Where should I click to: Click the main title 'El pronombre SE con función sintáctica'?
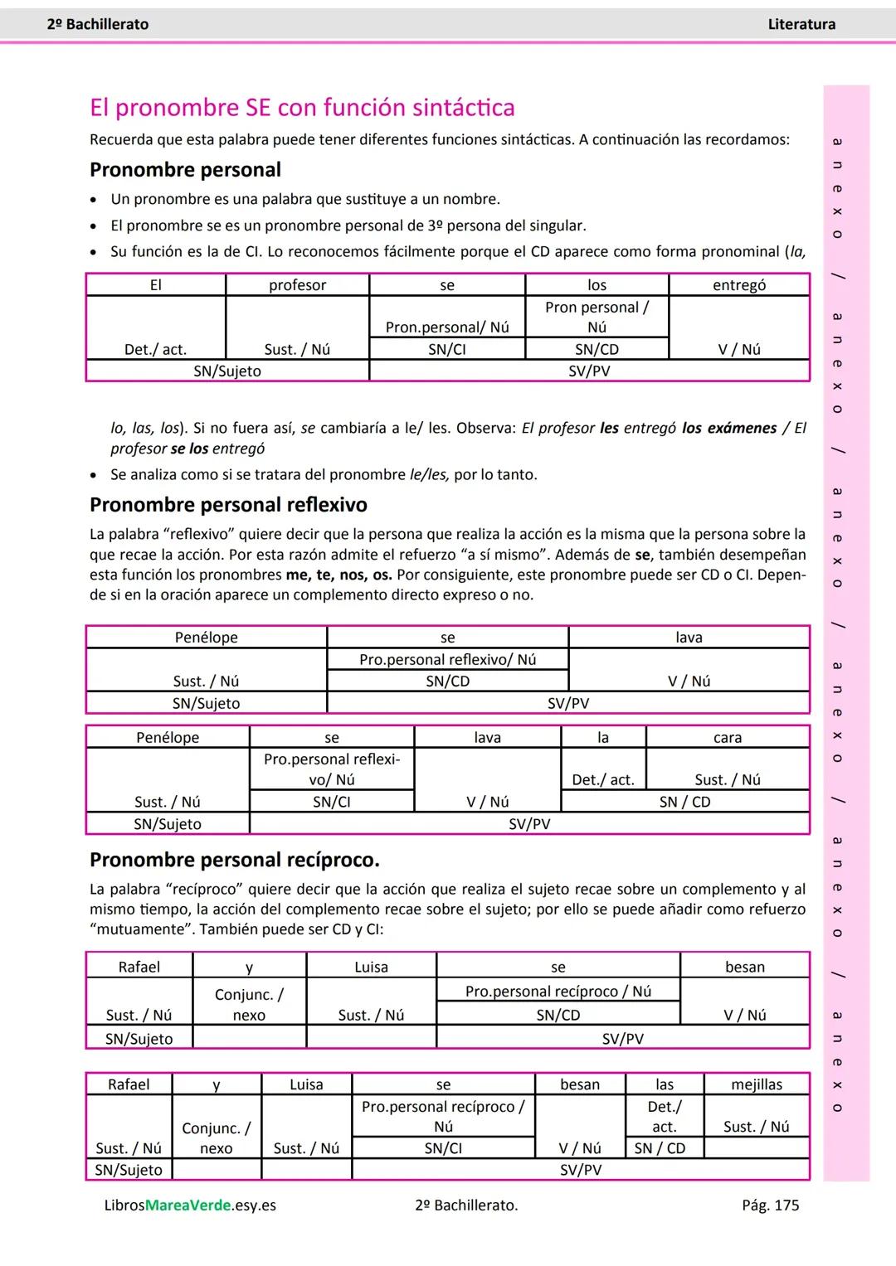(x=302, y=108)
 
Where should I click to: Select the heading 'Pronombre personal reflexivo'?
(x=228, y=505)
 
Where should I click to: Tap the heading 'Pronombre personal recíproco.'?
(x=234, y=860)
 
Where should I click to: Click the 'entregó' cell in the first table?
(x=739, y=285)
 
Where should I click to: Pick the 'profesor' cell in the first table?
(x=297, y=285)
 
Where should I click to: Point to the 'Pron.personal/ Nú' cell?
(x=447, y=327)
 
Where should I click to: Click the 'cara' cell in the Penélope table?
(x=728, y=738)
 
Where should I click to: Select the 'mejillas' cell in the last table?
(x=757, y=1084)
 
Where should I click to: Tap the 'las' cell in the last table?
(x=665, y=1084)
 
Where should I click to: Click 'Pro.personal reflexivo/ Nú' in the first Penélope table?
(x=447, y=660)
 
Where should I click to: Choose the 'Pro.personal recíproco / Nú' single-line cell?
(x=558, y=992)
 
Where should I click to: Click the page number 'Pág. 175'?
(x=770, y=1205)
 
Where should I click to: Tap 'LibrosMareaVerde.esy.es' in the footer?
(x=190, y=1205)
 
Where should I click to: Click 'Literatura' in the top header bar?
(x=801, y=25)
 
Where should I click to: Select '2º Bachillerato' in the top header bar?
(x=98, y=25)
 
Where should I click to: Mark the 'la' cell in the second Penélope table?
(x=603, y=738)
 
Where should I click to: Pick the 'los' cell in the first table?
(x=597, y=285)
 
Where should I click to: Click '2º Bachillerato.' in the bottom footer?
(x=466, y=1205)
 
